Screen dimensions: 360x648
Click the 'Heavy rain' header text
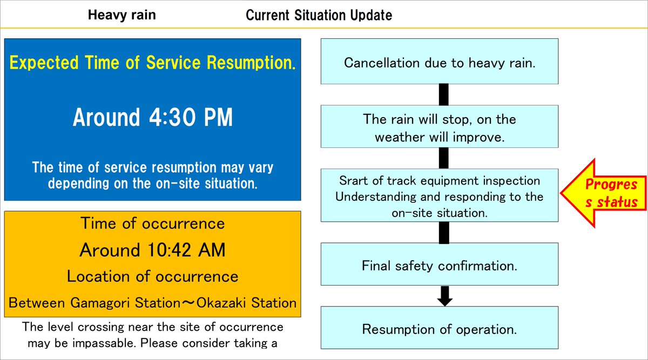(x=122, y=15)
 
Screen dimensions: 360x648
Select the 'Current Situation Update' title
(x=319, y=15)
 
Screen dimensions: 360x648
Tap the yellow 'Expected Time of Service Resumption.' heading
(x=152, y=64)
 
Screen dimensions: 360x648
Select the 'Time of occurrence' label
(x=152, y=223)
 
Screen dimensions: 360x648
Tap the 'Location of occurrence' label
(x=152, y=276)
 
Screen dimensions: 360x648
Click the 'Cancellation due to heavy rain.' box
(x=439, y=62)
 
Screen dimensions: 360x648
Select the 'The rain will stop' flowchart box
(x=439, y=127)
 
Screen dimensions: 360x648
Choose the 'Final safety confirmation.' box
(x=439, y=266)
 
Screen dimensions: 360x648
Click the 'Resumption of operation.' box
(x=439, y=329)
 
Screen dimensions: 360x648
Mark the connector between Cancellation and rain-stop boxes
(x=443, y=94)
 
